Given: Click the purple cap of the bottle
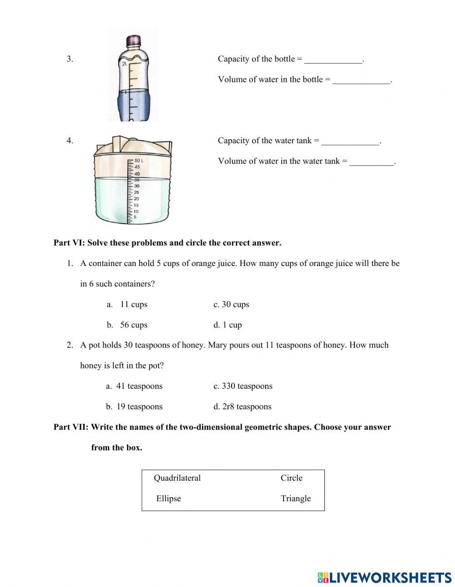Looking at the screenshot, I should pos(133,40).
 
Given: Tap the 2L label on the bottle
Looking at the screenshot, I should pos(124,64).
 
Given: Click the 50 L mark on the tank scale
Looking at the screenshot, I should pos(138,161).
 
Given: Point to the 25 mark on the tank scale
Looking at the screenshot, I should pos(136,192).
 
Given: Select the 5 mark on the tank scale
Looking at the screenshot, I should pos(135,217).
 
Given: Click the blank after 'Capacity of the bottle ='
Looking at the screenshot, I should pos(334,60).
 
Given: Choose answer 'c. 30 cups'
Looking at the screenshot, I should pos(231,304).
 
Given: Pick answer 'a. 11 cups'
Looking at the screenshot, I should pos(127,304).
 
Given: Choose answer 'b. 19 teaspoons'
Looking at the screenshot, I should pos(134,406).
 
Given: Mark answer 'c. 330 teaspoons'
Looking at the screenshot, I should pos(243,386).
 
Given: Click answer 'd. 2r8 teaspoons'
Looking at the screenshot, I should pos(242,406).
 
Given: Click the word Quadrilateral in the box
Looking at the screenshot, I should pos(177,478).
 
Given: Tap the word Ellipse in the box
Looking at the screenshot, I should pos(168,498).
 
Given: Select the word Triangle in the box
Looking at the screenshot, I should pos(296,498).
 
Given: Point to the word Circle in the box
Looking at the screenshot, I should pos(291,478).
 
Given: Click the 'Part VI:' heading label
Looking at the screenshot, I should pos(69,243).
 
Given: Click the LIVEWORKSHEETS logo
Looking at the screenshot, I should pos(384,577).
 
